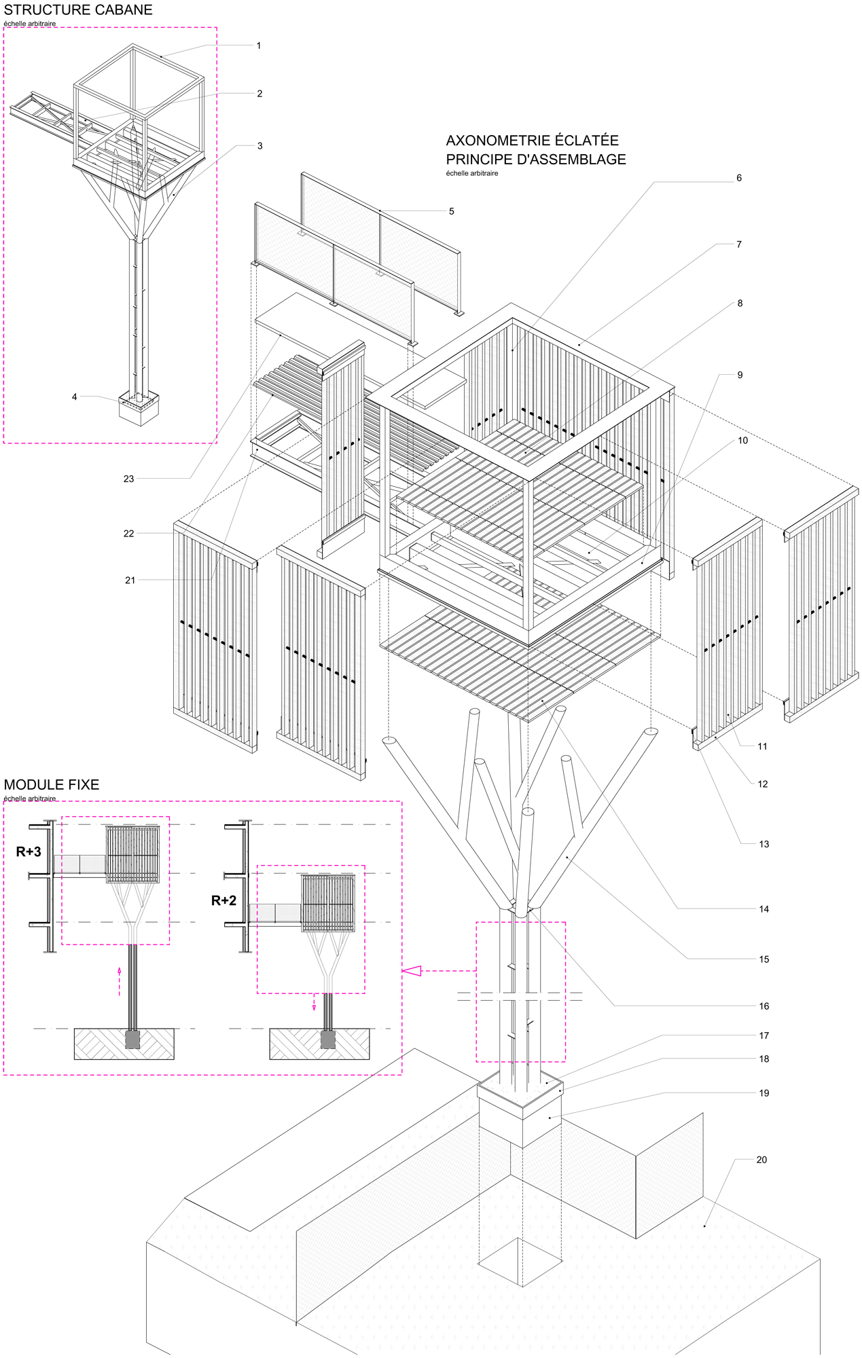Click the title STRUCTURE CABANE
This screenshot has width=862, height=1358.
(78, 10)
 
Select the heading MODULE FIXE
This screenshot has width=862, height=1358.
(52, 784)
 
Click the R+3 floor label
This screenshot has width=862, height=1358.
(29, 851)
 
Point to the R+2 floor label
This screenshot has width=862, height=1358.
(223, 900)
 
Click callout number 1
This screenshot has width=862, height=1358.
(259, 45)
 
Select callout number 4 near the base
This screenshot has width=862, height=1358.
(75, 397)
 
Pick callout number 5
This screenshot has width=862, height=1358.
(451, 211)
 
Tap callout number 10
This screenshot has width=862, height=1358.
(742, 441)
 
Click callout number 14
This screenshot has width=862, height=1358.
(764, 909)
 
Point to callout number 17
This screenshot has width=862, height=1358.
(764, 1035)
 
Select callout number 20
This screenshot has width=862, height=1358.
(761, 1160)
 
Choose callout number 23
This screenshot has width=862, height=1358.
(128, 479)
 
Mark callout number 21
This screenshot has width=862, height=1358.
(130, 580)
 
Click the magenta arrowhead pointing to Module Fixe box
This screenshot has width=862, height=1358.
(412, 971)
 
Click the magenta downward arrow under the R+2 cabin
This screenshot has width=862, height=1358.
(314, 1002)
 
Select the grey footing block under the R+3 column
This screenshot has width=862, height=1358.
(132, 1040)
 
